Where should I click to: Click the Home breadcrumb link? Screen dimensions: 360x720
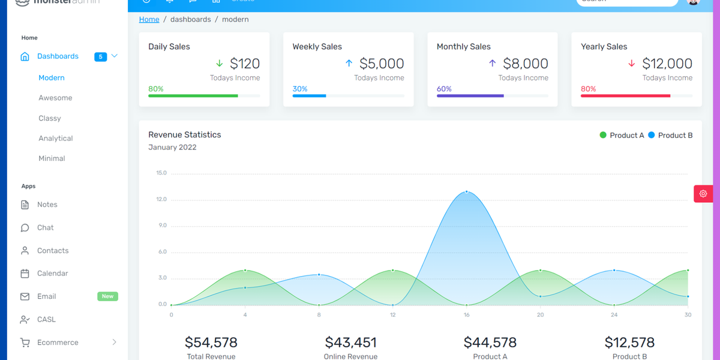pyautogui.click(x=149, y=19)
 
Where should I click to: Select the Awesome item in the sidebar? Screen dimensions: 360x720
pyautogui.click(x=55, y=98)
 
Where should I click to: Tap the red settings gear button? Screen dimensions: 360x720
pyautogui.click(x=703, y=194)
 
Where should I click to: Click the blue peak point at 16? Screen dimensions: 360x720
pyautogui.click(x=467, y=192)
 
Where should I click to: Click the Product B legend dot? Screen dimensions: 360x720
pyautogui.click(x=651, y=135)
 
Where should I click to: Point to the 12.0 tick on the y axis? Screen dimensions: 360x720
pyautogui.click(x=161, y=199)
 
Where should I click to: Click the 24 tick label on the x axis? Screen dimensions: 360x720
pyautogui.click(x=614, y=314)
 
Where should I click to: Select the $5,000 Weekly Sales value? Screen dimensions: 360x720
pyautogui.click(x=382, y=64)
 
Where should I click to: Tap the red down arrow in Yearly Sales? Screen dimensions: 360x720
pyautogui.click(x=631, y=64)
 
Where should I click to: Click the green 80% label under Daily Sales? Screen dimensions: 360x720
pyautogui.click(x=156, y=89)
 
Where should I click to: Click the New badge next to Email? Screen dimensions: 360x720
pyautogui.click(x=107, y=296)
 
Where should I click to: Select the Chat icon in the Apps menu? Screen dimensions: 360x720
pyautogui.click(x=25, y=228)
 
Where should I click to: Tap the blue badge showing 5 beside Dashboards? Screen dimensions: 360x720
pyautogui.click(x=100, y=57)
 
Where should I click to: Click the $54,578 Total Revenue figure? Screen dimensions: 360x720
pyautogui.click(x=211, y=343)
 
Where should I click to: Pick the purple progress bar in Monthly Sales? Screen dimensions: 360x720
pyautogui.click(x=470, y=96)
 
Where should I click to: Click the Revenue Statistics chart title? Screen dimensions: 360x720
pyautogui.click(x=184, y=135)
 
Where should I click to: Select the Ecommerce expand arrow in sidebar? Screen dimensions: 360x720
pyautogui.click(x=114, y=342)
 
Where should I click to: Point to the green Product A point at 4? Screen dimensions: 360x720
pyautogui.click(x=245, y=271)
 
